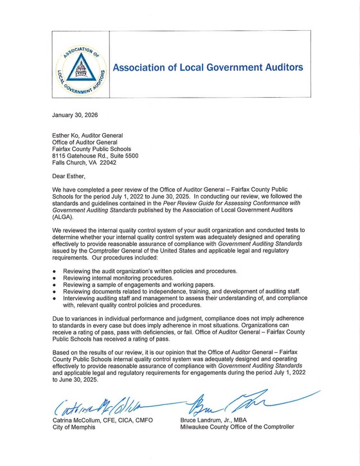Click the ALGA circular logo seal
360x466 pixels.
(x=76, y=67)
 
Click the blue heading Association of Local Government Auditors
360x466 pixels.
(x=208, y=67)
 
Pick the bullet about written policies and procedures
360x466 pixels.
(x=138, y=271)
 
